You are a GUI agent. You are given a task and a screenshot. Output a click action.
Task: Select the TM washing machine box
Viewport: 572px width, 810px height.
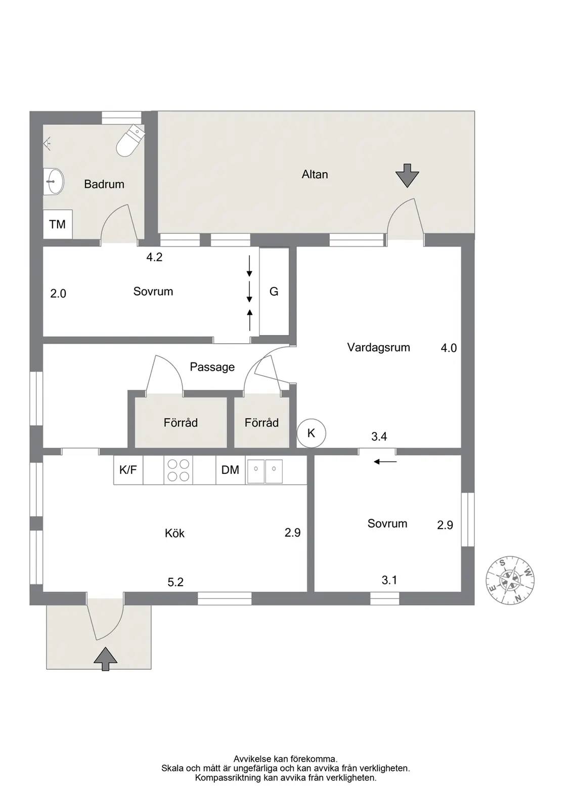[x=58, y=224]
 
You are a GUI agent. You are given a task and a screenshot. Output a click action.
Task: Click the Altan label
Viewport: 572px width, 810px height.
[x=315, y=174]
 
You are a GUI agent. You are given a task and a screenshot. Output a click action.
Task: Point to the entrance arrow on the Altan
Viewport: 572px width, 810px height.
[x=407, y=176]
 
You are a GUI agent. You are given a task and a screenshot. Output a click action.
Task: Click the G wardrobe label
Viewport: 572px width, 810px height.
[x=274, y=292]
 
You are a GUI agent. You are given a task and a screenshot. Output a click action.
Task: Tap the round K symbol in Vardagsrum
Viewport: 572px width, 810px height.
[x=311, y=433]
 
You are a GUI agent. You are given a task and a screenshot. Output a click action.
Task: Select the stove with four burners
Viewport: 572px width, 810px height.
[x=179, y=470]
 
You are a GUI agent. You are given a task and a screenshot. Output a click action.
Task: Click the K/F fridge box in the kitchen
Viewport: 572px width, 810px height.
[x=128, y=470]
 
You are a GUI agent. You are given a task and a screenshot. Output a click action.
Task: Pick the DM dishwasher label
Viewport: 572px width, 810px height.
[x=230, y=470]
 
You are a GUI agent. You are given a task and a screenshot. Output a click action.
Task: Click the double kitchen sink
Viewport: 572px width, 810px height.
[x=264, y=471]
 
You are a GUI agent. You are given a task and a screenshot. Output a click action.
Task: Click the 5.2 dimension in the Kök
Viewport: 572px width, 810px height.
[x=175, y=582]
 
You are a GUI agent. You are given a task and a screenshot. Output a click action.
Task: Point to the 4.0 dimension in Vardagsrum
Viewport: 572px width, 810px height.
[x=449, y=348]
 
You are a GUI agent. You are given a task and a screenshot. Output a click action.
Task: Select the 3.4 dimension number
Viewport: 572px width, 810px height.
[x=379, y=436]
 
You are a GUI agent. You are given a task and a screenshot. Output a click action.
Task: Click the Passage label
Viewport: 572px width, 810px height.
[x=212, y=367]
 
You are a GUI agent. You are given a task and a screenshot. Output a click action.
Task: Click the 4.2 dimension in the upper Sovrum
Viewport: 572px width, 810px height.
[x=154, y=257]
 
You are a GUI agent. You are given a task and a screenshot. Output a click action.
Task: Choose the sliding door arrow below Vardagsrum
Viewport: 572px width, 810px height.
[x=385, y=462]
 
